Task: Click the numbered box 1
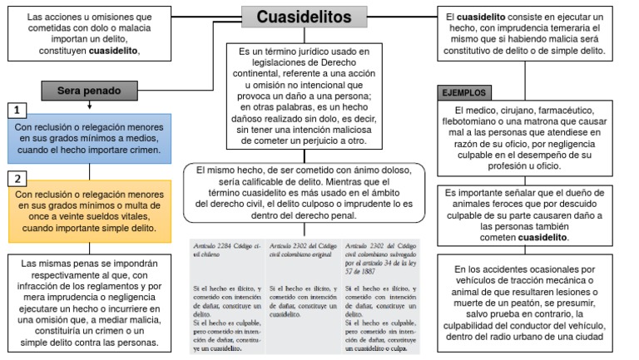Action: tap(16, 110)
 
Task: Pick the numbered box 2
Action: tap(16, 178)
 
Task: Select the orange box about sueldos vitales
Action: tap(88, 210)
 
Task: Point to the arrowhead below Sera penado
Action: tap(87, 106)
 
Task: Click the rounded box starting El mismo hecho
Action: tap(305, 193)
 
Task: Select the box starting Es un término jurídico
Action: tap(304, 96)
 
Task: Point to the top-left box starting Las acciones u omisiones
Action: tap(89, 33)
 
